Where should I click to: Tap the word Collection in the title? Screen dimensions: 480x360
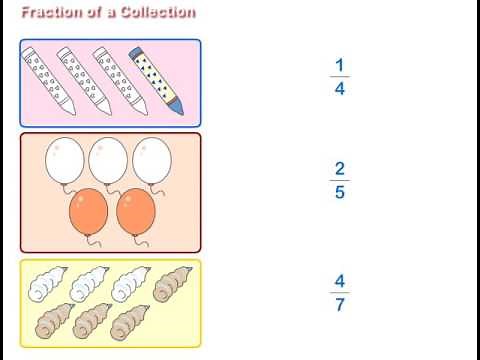(x=156, y=12)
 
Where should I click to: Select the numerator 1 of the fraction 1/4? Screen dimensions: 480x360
(x=340, y=66)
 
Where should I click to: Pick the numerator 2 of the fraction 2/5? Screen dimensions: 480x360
(x=340, y=169)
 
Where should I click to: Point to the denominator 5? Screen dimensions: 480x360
(x=340, y=193)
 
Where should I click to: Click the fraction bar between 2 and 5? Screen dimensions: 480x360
(x=340, y=181)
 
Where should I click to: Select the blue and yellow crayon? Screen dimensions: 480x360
(x=156, y=77)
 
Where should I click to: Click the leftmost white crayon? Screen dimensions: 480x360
(x=46, y=77)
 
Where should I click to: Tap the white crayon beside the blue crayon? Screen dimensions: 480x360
(x=119, y=77)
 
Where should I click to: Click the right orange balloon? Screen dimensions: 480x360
(x=136, y=211)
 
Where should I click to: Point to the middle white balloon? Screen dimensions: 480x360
(x=109, y=160)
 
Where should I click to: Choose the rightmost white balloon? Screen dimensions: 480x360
(x=152, y=160)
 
